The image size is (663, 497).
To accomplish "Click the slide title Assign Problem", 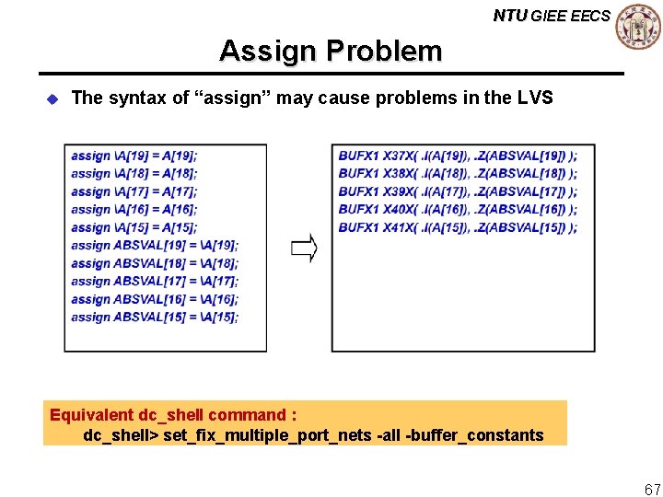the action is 331,51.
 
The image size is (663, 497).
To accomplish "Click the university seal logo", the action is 637,27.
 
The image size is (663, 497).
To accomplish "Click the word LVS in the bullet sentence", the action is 534,98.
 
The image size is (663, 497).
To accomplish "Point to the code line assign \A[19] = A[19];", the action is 134,156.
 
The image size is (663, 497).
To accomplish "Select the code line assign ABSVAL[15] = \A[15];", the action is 154,317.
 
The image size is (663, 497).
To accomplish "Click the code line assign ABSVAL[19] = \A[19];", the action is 154,245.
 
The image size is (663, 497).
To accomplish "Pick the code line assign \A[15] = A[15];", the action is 134,227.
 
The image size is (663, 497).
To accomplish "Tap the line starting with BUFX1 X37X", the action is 458,156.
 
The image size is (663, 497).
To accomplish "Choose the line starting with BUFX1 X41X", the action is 458,227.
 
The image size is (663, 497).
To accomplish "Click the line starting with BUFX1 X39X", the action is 458,191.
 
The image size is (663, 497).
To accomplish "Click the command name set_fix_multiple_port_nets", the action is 267,434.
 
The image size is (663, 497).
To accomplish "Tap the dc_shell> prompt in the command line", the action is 121,434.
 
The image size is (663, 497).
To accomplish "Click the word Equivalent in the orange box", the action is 91,414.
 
